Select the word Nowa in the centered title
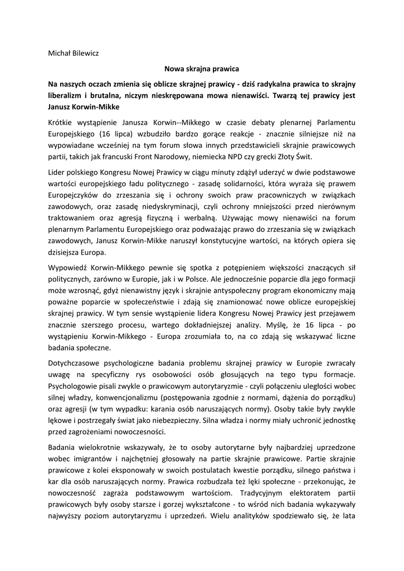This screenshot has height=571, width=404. tap(173, 69)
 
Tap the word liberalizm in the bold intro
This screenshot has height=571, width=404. tap(66, 95)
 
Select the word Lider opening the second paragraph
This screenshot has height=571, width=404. tap(57, 173)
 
